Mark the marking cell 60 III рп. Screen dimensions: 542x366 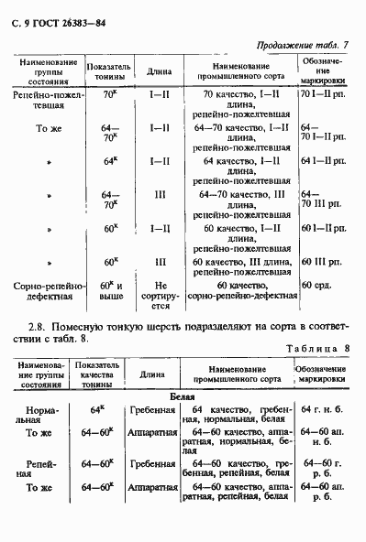(322, 261)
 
